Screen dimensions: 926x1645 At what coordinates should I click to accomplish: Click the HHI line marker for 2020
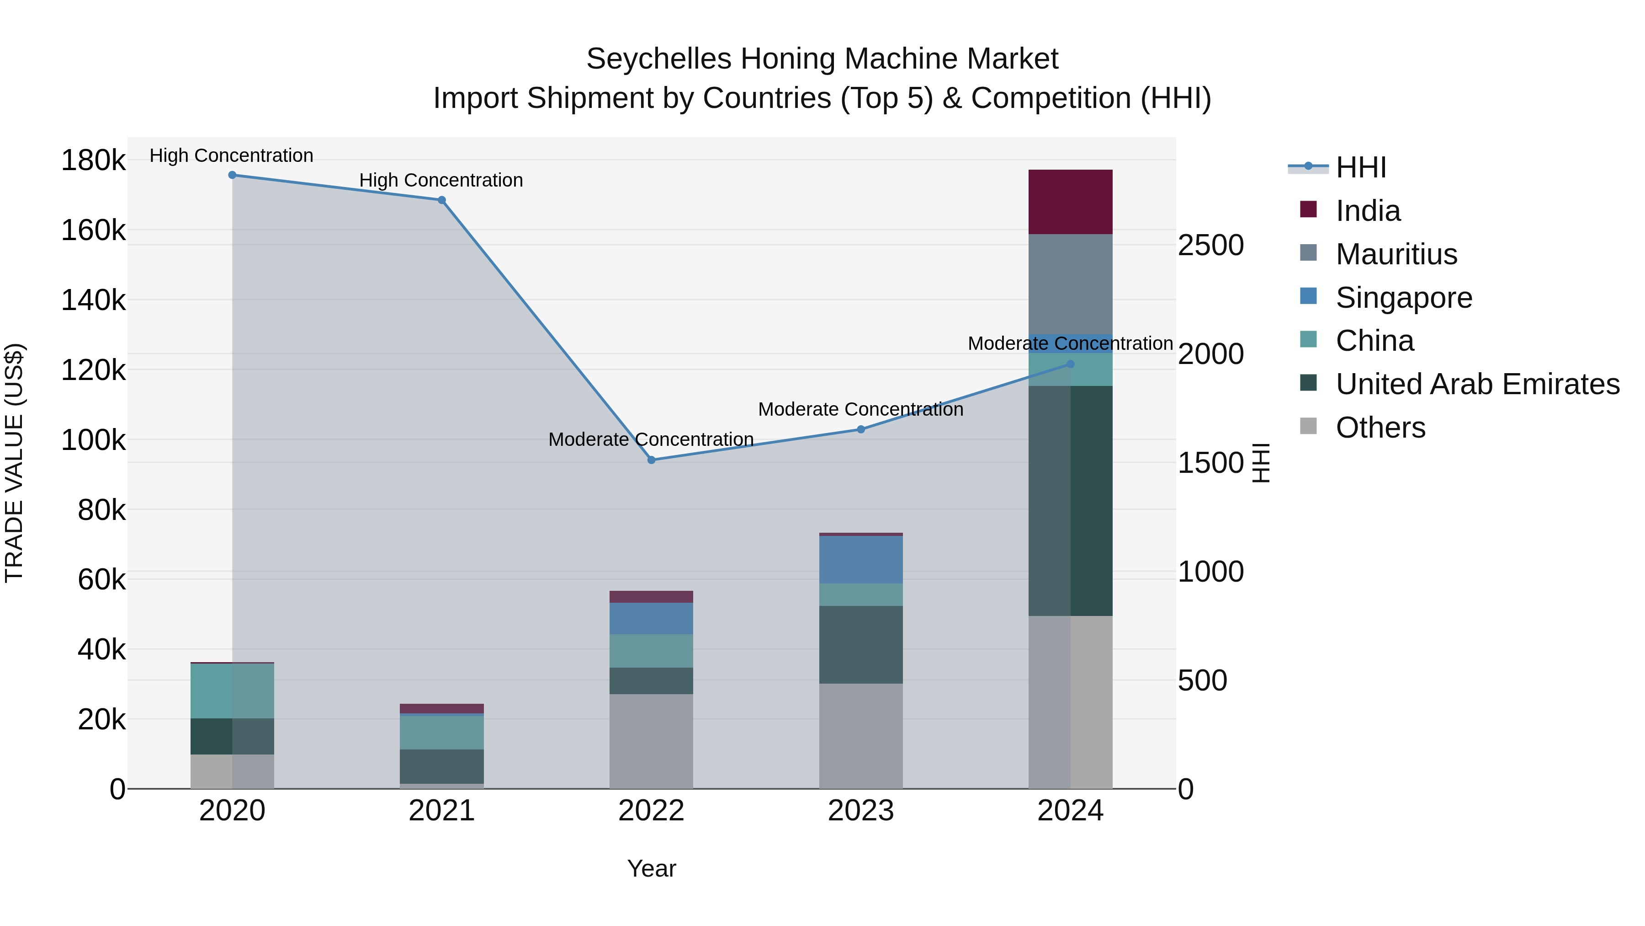coord(233,175)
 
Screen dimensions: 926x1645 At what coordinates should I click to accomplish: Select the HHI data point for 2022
coord(651,460)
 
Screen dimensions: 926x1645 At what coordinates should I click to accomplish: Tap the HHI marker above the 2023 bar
coord(861,429)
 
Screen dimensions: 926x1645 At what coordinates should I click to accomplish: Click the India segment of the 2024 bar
coord(1070,202)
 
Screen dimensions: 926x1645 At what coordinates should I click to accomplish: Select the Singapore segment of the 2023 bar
coord(861,560)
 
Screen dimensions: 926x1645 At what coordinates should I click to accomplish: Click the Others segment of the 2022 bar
coord(651,741)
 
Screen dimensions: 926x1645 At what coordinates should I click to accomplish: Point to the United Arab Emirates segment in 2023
coord(861,644)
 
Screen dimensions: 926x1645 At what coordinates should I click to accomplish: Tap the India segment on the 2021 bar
coord(442,709)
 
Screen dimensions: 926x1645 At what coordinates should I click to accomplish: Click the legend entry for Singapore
coord(1404,298)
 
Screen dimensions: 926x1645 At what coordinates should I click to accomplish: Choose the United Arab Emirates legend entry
coord(1477,385)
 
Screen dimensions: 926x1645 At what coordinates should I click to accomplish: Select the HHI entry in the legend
coord(1360,167)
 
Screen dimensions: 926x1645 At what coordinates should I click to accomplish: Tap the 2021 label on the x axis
coord(442,811)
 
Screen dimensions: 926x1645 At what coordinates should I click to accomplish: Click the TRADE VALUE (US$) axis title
coord(14,463)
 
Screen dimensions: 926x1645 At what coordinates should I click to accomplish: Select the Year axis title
coord(651,868)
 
